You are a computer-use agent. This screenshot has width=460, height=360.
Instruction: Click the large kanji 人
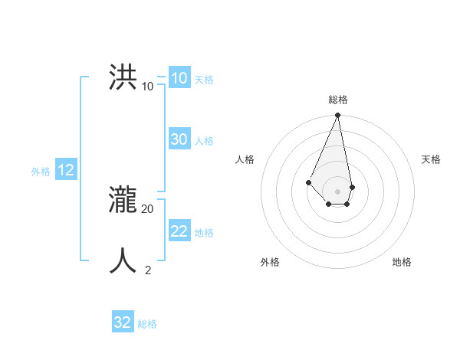123,260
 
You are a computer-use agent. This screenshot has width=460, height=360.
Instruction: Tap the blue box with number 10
179,78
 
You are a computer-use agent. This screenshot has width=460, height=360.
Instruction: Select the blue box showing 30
179,139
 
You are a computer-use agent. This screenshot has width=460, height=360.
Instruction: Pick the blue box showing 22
179,231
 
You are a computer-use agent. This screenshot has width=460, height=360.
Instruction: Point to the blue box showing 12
66,171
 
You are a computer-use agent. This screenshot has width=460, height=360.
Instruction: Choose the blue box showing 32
123,322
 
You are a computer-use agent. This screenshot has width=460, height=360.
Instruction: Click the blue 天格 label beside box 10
204,80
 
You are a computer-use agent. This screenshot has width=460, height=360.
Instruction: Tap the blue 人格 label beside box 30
204,141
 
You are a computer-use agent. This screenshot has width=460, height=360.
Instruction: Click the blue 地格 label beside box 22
204,233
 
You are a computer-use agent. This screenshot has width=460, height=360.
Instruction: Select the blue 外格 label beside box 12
41,172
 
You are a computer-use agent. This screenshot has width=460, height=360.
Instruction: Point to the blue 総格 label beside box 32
147,324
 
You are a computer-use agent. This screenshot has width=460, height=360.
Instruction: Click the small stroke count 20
147,208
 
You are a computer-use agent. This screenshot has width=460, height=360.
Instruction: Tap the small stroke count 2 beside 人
147,270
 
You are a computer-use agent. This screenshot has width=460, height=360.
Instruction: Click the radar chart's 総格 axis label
338,100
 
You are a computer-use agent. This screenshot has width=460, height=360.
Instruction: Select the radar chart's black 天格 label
431,159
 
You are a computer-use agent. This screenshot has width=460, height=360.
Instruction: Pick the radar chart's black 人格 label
245,159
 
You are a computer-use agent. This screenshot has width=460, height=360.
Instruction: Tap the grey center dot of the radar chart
338,191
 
